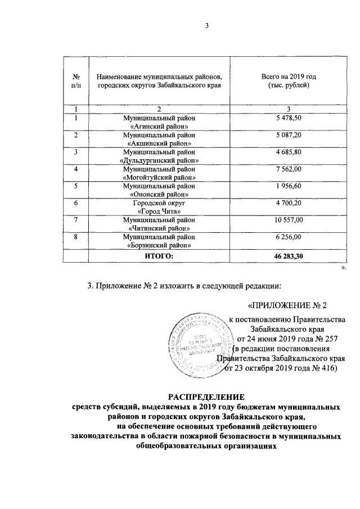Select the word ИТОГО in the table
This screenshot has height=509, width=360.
coord(160,255)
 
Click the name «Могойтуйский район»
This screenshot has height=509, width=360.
coord(159,177)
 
